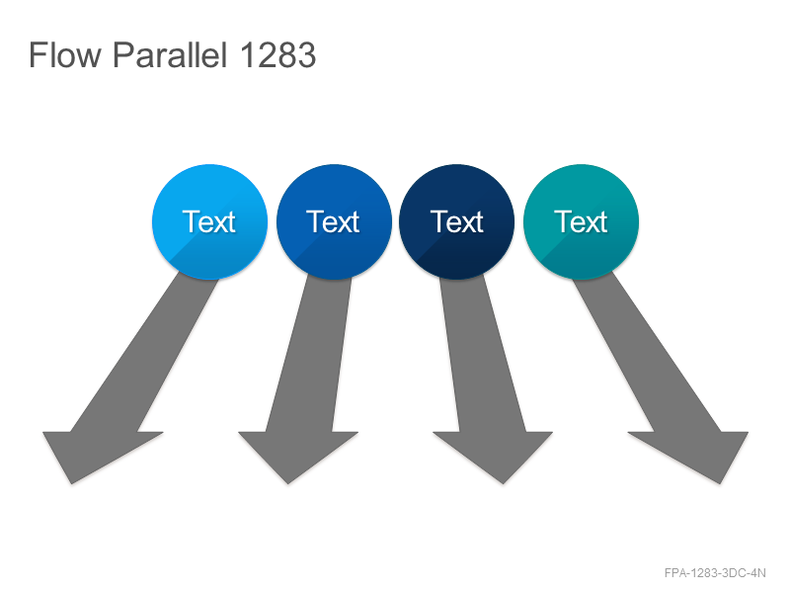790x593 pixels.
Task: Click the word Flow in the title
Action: [x=65, y=54]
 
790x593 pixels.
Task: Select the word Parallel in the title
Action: [x=170, y=54]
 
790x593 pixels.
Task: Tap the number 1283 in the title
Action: [x=278, y=54]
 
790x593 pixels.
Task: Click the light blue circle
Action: [x=209, y=221]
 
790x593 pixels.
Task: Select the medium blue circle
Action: [x=334, y=221]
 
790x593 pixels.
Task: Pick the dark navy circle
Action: [x=457, y=221]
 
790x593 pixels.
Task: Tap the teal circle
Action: [x=581, y=221]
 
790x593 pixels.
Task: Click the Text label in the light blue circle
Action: [x=209, y=221]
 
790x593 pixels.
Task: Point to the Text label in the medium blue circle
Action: [x=333, y=221]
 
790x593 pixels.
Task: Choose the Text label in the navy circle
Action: [x=457, y=221]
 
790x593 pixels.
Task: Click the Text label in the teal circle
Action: [x=581, y=221]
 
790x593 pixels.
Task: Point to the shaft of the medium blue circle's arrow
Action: [x=308, y=356]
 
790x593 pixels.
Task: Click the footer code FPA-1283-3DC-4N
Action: [x=715, y=573]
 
